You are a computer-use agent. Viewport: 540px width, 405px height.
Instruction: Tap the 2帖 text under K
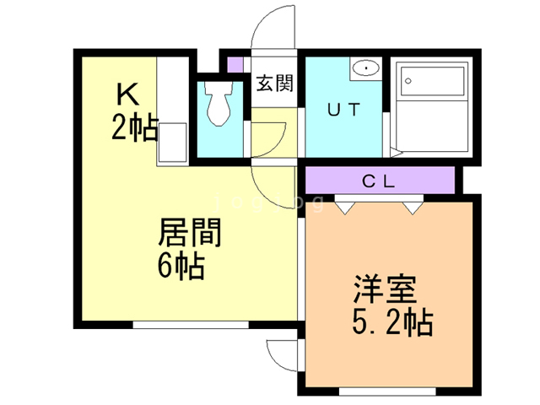[134, 127]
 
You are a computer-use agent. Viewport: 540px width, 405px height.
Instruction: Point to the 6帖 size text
[180, 266]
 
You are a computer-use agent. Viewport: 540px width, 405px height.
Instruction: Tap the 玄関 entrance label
[274, 84]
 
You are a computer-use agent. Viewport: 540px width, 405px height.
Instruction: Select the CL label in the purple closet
[381, 180]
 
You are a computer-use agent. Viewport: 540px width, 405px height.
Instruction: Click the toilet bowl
[217, 105]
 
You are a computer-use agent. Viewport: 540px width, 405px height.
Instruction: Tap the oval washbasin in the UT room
[366, 68]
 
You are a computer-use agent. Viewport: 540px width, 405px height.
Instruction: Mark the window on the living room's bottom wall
[190, 323]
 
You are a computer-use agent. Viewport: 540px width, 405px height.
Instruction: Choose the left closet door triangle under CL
[345, 205]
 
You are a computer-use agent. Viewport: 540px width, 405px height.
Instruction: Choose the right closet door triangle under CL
[411, 205]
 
